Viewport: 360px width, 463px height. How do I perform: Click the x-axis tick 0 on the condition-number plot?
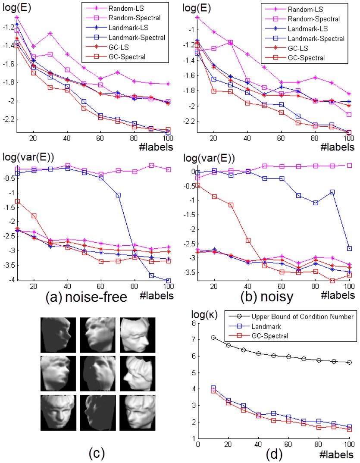coord(197,444)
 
